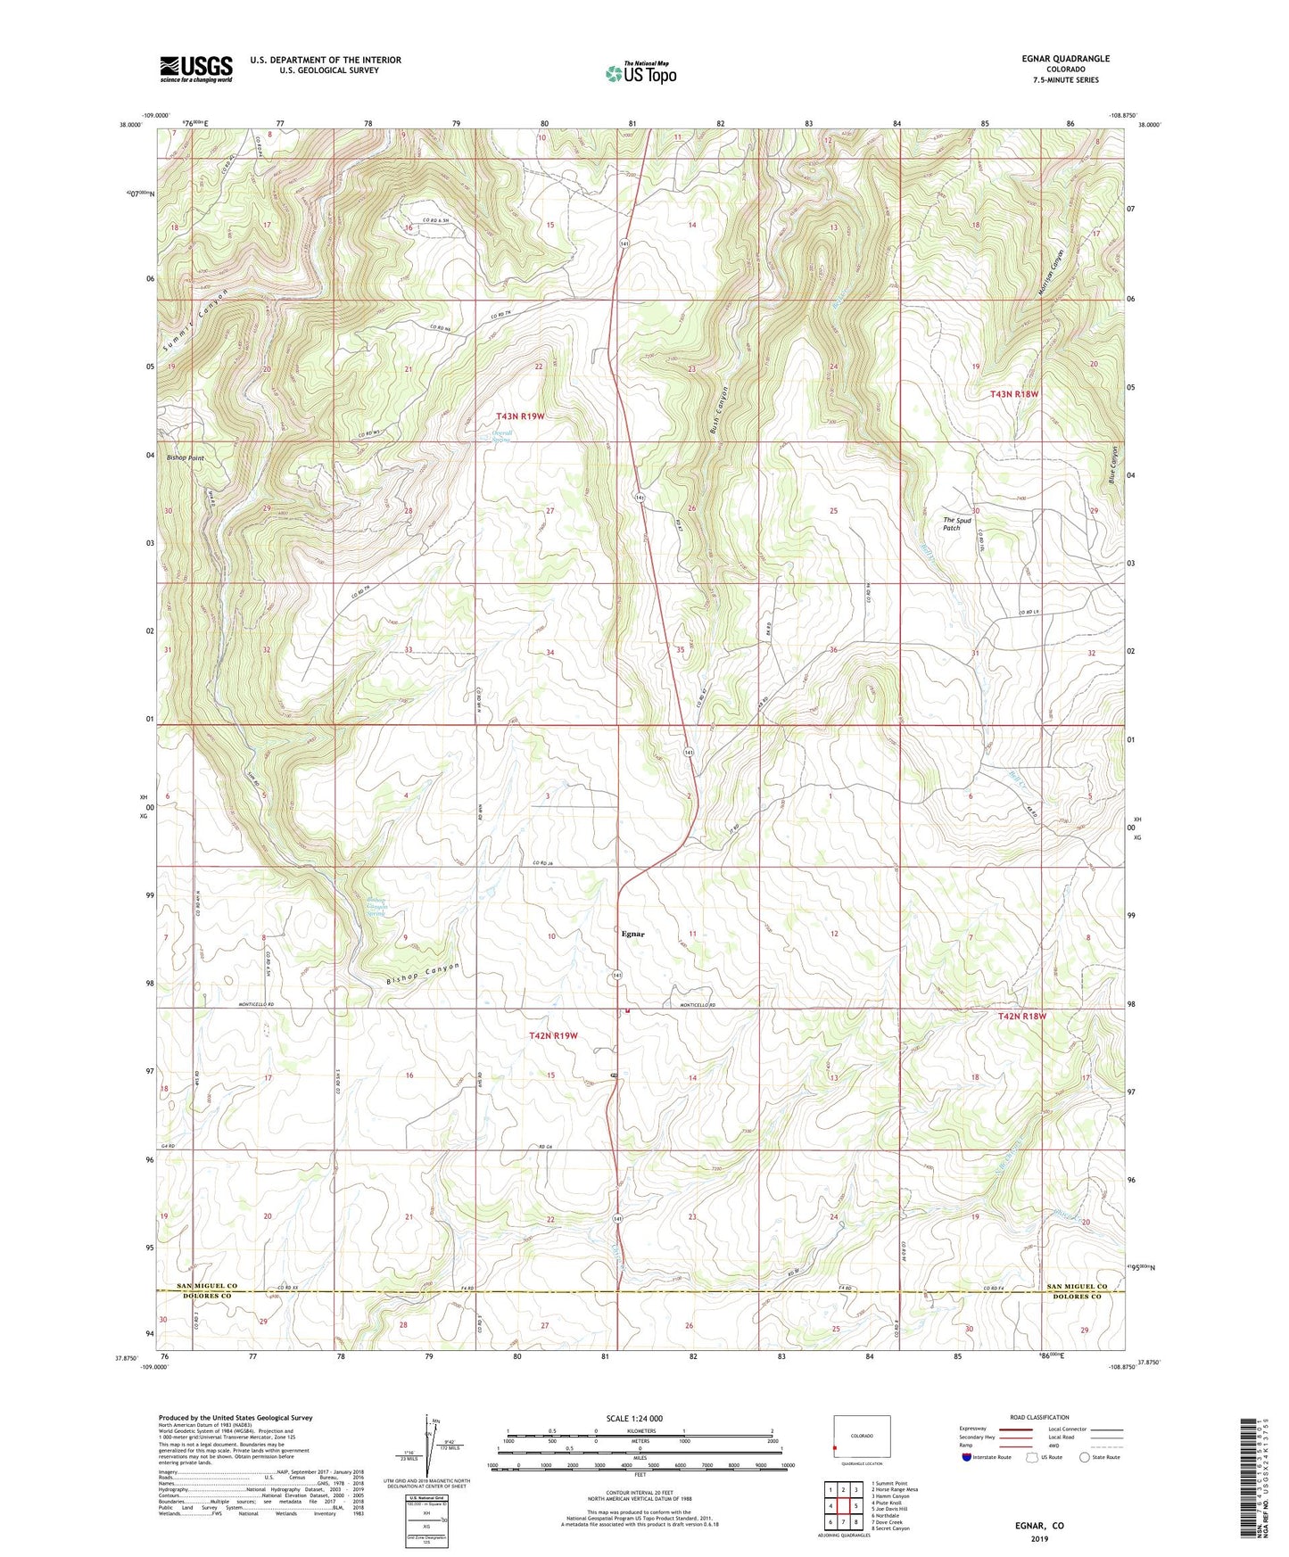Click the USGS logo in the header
click(196, 69)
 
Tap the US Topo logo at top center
click(640, 73)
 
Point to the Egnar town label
click(632, 934)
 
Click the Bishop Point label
click(185, 457)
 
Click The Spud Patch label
click(956, 523)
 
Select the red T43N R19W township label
click(533, 416)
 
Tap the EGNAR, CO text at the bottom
click(1039, 1526)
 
